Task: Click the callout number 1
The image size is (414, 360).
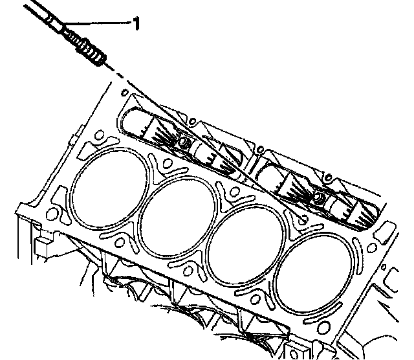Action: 136,23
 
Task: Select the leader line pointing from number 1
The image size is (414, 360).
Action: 97,23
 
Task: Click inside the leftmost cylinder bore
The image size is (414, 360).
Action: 109,188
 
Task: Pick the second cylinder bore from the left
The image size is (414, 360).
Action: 177,218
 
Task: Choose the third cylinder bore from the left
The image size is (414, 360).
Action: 246,245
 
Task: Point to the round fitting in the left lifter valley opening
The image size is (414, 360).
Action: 183,142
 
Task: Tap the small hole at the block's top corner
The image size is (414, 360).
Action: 125,93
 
